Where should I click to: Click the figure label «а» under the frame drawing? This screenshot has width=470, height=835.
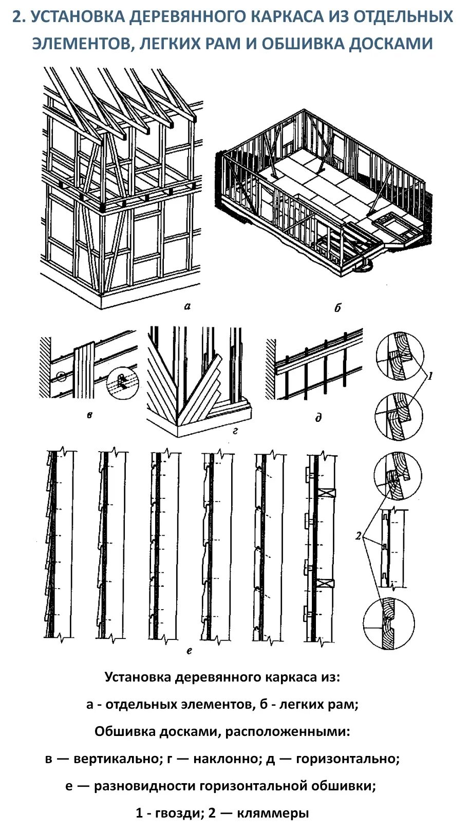pyautogui.click(x=187, y=306)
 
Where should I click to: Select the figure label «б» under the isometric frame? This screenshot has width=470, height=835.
pyautogui.click(x=337, y=308)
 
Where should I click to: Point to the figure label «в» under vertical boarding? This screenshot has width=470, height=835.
pyautogui.click(x=89, y=415)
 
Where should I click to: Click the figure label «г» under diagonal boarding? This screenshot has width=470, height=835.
pyautogui.click(x=235, y=431)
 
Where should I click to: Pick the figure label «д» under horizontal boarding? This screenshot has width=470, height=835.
pyautogui.click(x=318, y=418)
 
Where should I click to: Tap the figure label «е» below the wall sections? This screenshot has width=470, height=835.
pyautogui.click(x=189, y=651)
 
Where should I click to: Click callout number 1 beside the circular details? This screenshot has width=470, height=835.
pyautogui.click(x=430, y=376)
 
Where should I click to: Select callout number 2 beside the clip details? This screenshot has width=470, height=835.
pyautogui.click(x=358, y=536)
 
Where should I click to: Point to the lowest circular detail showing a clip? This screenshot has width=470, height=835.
pyautogui.click(x=388, y=624)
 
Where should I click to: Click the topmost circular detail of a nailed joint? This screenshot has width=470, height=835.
pyautogui.click(x=400, y=356)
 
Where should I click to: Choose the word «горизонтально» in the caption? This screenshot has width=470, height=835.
pyautogui.click(x=348, y=759)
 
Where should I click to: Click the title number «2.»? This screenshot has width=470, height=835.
pyautogui.click(x=19, y=17)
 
